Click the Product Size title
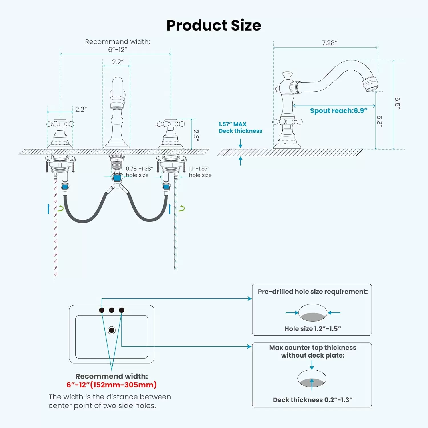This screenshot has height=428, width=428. coord(214,25)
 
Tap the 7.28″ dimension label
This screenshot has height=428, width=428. coord(330,43)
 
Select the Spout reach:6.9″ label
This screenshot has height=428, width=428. coord(339,111)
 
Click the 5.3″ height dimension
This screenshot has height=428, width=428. coord(379,121)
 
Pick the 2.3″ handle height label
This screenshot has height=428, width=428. coord(196,136)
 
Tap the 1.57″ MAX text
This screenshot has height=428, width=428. coord(233,124)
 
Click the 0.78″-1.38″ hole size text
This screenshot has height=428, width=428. coord(139,172)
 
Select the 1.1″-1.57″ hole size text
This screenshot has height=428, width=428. coord(200,172)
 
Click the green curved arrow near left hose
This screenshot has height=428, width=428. coord(61,209)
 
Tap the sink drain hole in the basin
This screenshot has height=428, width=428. coord(112,330)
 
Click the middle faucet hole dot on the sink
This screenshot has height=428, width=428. coord(112,310)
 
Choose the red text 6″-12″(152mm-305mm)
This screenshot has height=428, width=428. coord(112,385)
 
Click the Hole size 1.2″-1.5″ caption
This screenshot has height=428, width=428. coord(313,329)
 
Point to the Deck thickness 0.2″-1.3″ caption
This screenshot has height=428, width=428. coord(313,400)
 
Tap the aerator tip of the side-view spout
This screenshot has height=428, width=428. coord(371,84)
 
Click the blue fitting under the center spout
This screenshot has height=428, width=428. coord(117,178)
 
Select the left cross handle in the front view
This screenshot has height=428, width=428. coord(60,124)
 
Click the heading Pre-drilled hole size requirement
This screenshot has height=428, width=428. coord(313,292)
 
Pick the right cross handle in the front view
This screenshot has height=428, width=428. coord(171,124)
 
